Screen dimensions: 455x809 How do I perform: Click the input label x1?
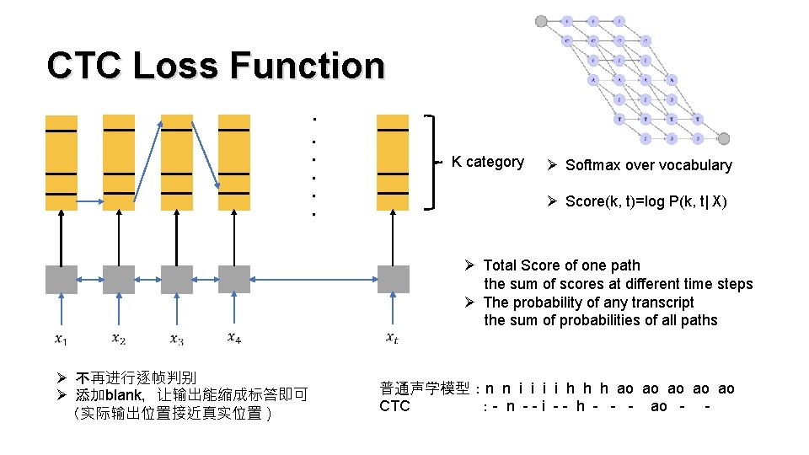pos(62,340)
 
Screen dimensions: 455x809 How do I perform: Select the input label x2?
pos(119,339)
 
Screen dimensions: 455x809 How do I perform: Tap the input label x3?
pos(176,340)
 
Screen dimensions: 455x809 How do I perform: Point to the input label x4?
pos(234,339)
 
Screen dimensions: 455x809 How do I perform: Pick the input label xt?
pos(393,339)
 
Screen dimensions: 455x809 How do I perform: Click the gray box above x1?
pos(62,279)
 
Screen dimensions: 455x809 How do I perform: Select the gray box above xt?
pos(393,279)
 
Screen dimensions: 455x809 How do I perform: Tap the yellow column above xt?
pos(393,162)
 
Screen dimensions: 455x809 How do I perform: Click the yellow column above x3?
pos(176,162)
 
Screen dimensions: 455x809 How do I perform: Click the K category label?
pos(487,162)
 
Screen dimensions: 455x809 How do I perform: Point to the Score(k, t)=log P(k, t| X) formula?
pos(646,201)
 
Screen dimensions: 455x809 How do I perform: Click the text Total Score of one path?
pos(561,265)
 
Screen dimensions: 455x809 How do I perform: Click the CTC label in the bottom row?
pos(394,406)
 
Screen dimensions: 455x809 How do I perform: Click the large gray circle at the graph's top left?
pos(541,21)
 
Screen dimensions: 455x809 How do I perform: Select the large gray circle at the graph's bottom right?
pos(723,138)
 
